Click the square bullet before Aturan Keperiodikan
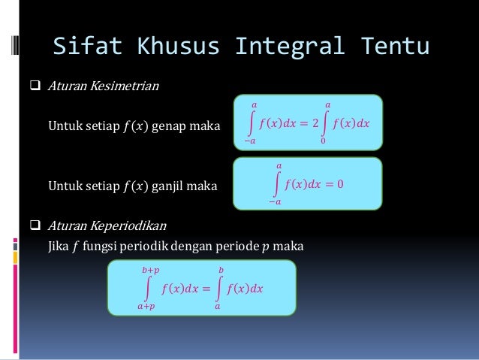coord(35,225)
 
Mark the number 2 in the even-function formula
coord(316,123)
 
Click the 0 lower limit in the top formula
coord(323,141)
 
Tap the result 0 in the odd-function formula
coord(340,183)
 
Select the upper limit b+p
coord(149,268)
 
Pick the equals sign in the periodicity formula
coord(204,288)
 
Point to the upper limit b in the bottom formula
coord(221,268)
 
